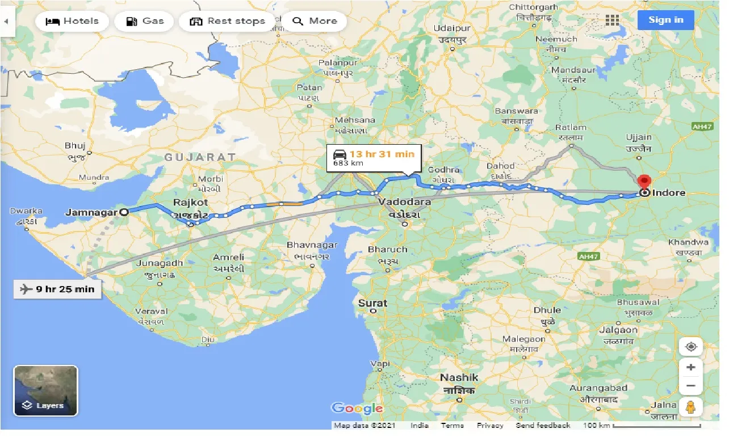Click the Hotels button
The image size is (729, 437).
click(72, 22)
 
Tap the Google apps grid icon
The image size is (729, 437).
click(612, 20)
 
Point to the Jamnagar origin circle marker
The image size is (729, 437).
click(124, 212)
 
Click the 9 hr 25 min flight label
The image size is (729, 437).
click(57, 289)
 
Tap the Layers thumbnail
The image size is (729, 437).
click(45, 390)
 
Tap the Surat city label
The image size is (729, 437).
click(372, 304)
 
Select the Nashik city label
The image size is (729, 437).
click(459, 377)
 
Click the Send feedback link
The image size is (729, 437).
click(543, 426)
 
